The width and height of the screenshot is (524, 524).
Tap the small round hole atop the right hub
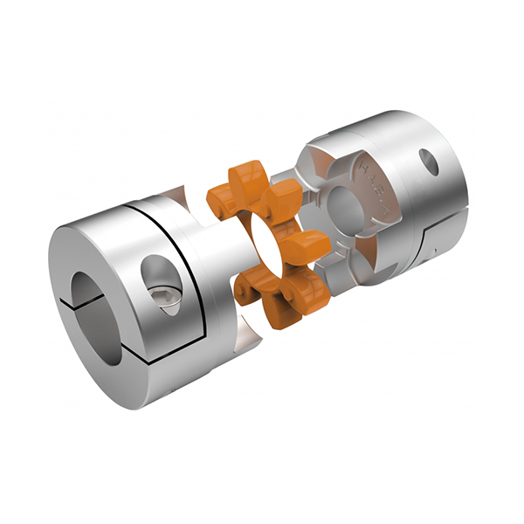(428, 161)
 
